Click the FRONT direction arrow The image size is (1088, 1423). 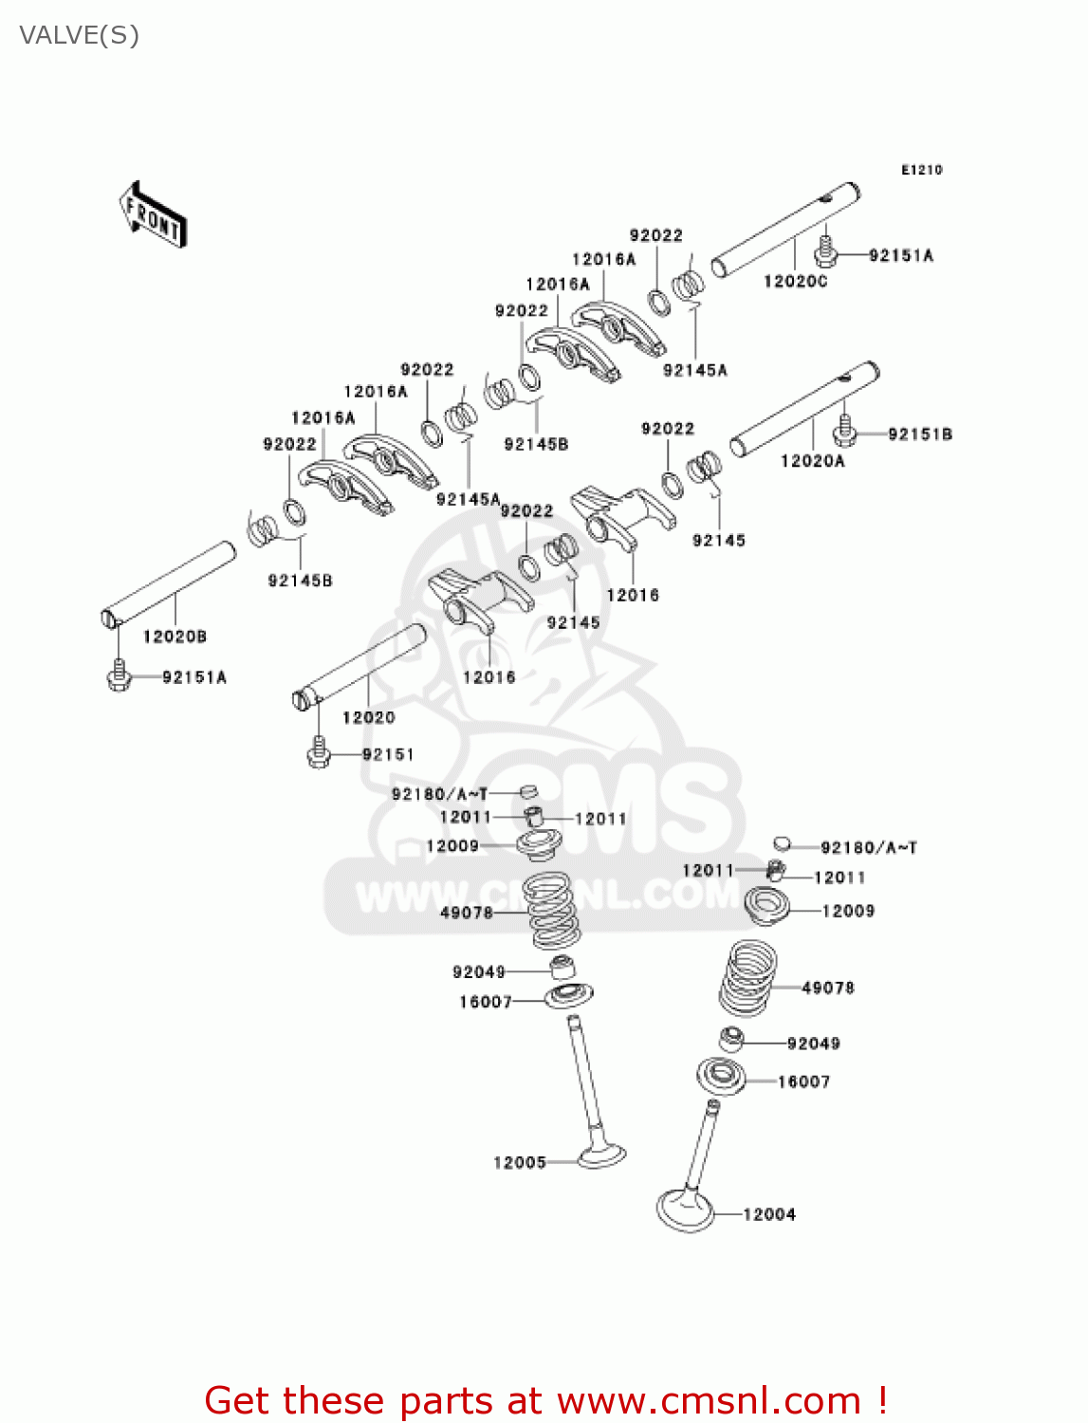tap(153, 214)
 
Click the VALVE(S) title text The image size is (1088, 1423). tap(79, 36)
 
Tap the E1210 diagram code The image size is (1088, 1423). tap(921, 170)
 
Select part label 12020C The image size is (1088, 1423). tap(795, 282)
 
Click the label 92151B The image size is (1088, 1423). tap(919, 434)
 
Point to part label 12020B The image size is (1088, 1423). tap(175, 637)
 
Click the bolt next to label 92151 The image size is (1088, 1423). tap(319, 754)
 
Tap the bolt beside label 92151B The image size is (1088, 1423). tap(844, 433)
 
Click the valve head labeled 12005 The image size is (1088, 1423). tap(601, 1155)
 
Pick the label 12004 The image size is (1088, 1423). tap(768, 1214)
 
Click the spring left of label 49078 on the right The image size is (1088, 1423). tap(748, 977)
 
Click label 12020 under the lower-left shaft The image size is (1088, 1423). tap(368, 718)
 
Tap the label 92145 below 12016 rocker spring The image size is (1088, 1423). tap(573, 623)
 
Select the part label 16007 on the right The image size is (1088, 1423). tap(803, 1081)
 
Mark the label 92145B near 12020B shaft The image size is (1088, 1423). tap(300, 581)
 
